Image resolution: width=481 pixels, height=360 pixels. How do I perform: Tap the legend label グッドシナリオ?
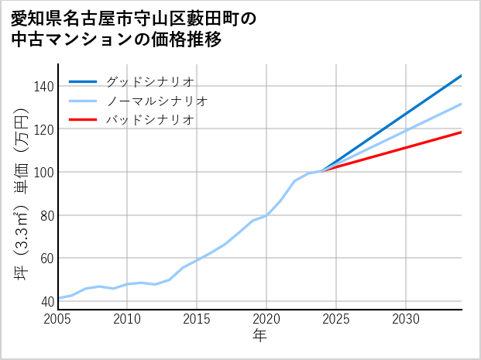(x=149, y=82)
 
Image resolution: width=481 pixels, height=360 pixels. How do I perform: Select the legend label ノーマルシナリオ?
(x=156, y=101)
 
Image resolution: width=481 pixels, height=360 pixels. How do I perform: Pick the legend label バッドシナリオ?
(x=149, y=120)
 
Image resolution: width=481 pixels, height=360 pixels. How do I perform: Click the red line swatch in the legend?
(x=84, y=120)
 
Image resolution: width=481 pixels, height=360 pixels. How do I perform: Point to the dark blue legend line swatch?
(x=84, y=82)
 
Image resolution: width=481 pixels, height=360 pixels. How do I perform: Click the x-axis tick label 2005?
(x=58, y=320)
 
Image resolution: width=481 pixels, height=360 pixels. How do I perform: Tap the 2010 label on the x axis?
(x=128, y=320)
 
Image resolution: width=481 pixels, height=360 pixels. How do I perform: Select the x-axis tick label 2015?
(x=198, y=320)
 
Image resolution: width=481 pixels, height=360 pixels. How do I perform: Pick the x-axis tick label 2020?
(x=266, y=320)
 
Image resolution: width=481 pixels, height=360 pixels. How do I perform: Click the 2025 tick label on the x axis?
(x=336, y=320)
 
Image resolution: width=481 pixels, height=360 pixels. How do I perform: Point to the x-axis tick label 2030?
(x=406, y=320)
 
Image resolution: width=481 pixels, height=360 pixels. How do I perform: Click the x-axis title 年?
(x=260, y=337)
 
